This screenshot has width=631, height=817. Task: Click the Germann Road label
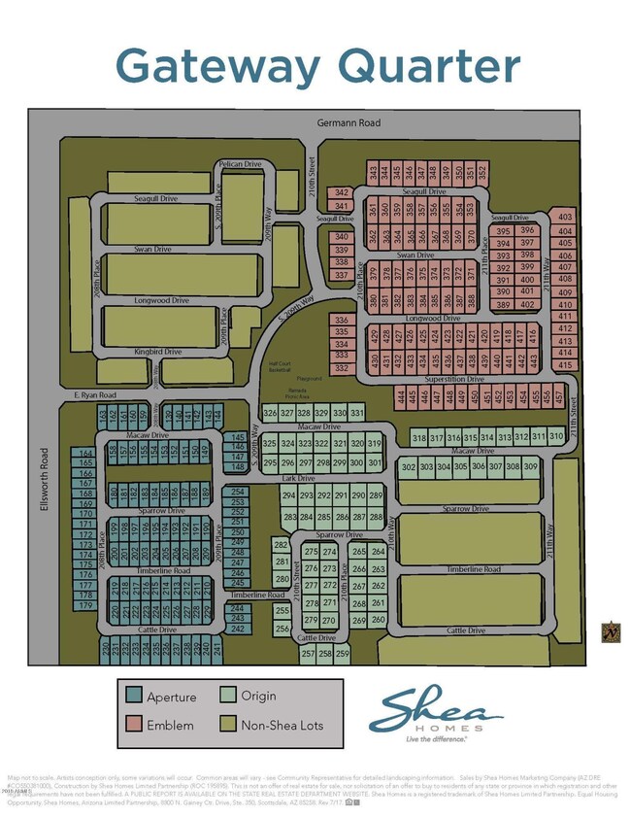point(350,122)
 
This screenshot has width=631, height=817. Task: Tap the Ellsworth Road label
point(45,478)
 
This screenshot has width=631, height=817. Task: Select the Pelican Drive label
point(241,164)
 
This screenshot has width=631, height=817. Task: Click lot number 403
point(566,218)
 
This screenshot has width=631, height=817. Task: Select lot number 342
point(341,192)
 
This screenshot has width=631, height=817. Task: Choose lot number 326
point(271,413)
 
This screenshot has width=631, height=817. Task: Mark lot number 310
point(556,437)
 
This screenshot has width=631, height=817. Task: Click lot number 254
point(238,492)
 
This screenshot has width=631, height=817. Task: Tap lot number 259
point(341,654)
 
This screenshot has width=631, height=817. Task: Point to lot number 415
point(565,364)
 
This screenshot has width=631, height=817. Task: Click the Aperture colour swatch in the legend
point(133,697)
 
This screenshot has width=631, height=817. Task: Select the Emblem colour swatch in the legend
point(133,724)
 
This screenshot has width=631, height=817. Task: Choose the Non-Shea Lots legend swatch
point(230,724)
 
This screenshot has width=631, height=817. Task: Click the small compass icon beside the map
point(611,631)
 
